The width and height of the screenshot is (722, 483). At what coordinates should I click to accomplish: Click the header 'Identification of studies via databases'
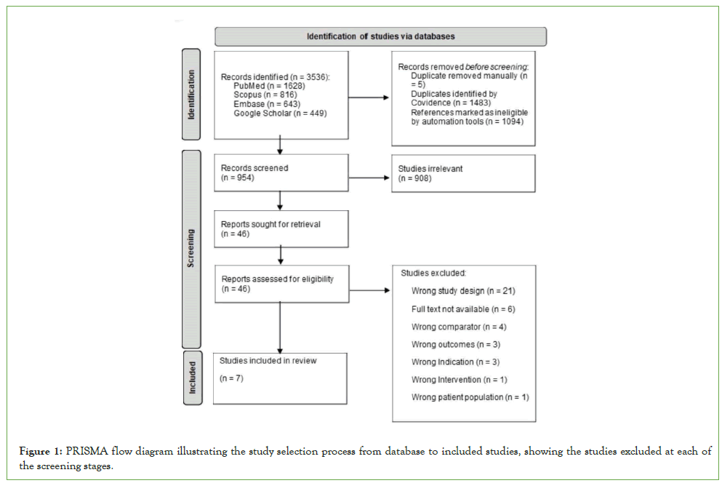point(381,36)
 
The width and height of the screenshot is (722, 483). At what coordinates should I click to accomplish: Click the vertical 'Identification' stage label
point(192,95)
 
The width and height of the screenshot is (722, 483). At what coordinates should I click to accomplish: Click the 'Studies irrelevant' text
point(430,168)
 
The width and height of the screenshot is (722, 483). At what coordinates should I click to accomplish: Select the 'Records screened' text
point(254,168)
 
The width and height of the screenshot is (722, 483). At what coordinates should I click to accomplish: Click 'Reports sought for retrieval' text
point(270,224)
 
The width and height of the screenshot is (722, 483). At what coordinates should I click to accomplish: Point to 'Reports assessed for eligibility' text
point(277,279)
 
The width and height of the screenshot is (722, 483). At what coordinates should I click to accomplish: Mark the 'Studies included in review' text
point(268,360)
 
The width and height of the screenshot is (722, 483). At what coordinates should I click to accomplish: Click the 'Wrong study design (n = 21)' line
point(463,291)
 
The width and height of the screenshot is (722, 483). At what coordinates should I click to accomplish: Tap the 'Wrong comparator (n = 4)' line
point(456,327)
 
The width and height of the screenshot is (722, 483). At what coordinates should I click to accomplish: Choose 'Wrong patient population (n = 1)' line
point(470,397)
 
